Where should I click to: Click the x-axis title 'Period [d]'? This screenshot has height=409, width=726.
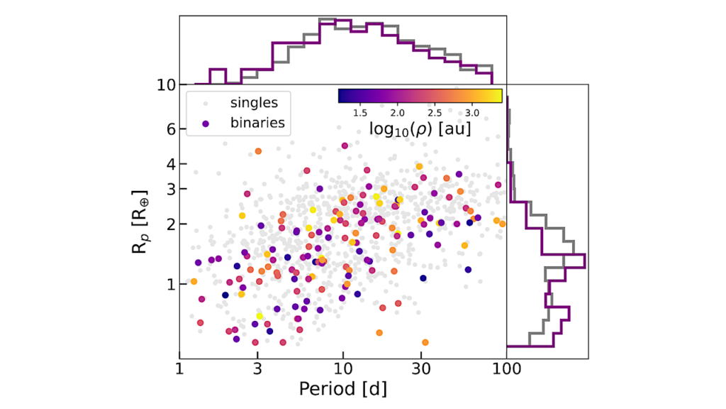(x=342, y=388)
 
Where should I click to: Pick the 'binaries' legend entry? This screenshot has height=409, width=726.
(x=257, y=122)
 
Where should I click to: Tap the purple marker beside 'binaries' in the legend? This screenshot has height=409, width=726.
(x=206, y=123)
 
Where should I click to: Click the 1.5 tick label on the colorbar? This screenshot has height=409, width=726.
(x=360, y=112)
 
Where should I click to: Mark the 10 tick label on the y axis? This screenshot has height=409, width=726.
(x=165, y=85)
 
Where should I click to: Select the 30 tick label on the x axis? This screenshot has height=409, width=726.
(x=421, y=369)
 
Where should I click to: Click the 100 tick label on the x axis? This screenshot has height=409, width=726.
(x=506, y=369)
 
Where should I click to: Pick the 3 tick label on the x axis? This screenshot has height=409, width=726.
(x=257, y=369)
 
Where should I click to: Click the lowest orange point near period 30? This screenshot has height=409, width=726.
(x=425, y=342)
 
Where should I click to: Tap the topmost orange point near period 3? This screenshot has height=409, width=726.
(x=258, y=151)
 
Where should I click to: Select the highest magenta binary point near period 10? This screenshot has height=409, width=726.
(x=345, y=146)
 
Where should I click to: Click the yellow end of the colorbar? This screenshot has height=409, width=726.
(x=498, y=96)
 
